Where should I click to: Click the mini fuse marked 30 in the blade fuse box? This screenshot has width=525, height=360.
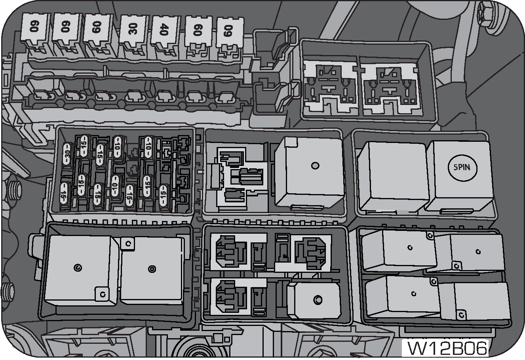coord(67,156)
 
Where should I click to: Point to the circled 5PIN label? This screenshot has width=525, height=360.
coord(462,168)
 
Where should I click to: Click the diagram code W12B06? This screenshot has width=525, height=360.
coord(447,349)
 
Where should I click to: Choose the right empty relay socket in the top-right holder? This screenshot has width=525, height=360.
coord(390,87)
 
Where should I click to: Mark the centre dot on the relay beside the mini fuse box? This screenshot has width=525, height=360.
coord(315,166)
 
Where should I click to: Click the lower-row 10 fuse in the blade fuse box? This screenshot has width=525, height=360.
coord(115,187)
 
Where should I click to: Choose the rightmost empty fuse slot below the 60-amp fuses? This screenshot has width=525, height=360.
coord(226,96)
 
